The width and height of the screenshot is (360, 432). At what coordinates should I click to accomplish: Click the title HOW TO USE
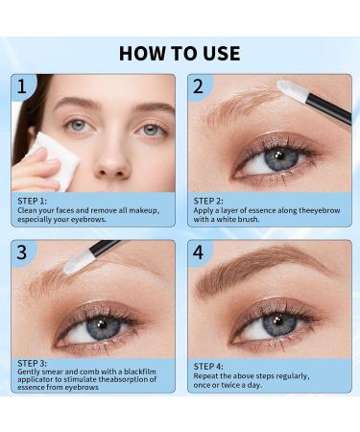click(180, 52)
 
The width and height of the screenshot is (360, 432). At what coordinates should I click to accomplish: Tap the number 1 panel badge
click(21, 87)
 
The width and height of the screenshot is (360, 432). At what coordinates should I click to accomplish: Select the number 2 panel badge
click(198, 87)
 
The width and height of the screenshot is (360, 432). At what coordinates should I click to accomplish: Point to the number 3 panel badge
click(21, 253)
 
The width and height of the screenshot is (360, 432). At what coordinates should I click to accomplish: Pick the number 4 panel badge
click(198, 253)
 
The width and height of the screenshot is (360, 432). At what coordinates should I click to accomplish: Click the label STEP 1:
click(36, 201)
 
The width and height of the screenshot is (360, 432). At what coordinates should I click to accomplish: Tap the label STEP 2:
click(213, 201)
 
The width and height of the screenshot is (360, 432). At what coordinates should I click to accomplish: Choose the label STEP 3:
click(36, 363)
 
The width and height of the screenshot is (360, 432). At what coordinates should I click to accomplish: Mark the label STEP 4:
click(213, 367)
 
